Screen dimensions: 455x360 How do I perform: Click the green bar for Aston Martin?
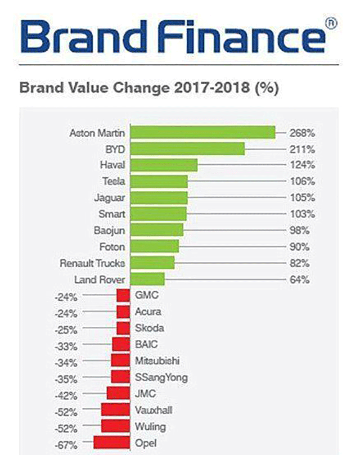click(202, 133)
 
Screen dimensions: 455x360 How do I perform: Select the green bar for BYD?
click(187, 149)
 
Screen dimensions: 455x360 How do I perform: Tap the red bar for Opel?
click(112, 443)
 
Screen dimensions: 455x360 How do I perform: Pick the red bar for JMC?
click(118, 393)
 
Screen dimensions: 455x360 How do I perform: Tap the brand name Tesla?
click(114, 182)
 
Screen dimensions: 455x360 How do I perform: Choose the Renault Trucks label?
click(93, 263)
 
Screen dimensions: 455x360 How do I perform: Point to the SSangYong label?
click(161, 377)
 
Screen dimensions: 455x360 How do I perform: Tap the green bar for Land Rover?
click(147, 279)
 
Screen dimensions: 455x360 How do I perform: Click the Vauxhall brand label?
click(153, 410)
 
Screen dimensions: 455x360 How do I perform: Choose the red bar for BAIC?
click(121, 345)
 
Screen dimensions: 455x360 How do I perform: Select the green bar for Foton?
click(154, 247)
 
